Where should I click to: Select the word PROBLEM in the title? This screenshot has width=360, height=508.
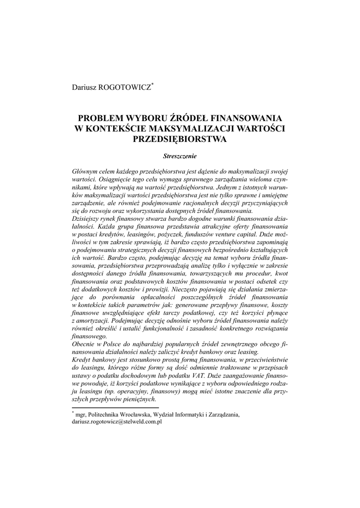99,119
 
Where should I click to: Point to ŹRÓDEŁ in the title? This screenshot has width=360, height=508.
187,119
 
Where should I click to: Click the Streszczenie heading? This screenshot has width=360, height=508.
180,156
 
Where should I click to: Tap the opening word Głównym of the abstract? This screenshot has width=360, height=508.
85,171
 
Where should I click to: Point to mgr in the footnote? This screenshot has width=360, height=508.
81,414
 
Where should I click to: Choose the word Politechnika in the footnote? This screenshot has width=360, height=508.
111,414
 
